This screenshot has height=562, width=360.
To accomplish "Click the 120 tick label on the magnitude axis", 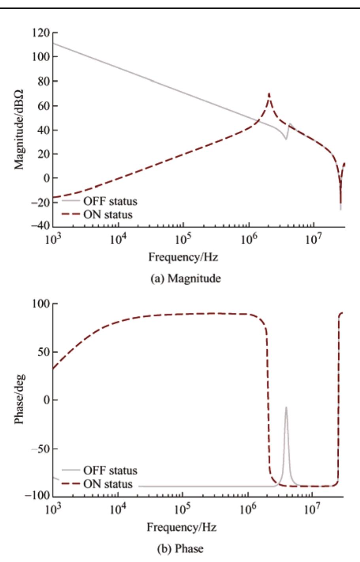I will click(x=41, y=33).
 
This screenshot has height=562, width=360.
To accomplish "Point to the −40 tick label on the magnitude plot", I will click(x=40, y=226).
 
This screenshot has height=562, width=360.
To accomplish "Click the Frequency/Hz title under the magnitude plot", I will click(x=183, y=258).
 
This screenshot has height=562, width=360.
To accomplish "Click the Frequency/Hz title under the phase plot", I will click(x=182, y=527).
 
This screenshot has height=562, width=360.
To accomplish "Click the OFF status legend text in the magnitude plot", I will click(x=110, y=201).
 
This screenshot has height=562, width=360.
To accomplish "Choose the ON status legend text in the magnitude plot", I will click(x=108, y=215).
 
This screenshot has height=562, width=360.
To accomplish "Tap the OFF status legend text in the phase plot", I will click(x=110, y=471).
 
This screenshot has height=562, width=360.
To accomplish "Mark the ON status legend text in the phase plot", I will click(x=108, y=484).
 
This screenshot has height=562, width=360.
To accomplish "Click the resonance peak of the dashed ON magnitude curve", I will click(x=269, y=94).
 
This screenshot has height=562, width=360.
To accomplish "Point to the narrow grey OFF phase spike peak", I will click(x=286, y=407).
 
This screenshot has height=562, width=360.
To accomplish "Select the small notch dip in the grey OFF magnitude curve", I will click(x=286, y=139).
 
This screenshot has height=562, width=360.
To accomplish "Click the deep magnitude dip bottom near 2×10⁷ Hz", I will click(x=341, y=209).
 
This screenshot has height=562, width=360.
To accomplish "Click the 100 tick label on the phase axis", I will click(x=42, y=304).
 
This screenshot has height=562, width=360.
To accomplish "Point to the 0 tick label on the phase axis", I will click(x=47, y=400).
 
